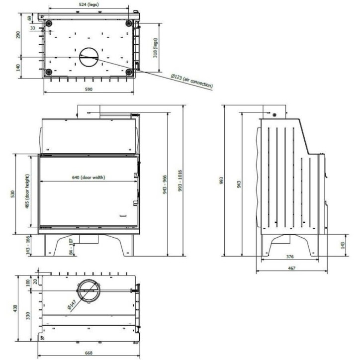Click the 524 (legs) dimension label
click(x=89, y=4)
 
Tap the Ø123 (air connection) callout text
click(x=191, y=81)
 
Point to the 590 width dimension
click(x=88, y=90)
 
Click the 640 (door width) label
click(x=89, y=177)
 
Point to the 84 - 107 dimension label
click(x=71, y=247)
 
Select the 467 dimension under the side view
click(x=292, y=268)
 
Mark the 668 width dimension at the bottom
click(x=88, y=353)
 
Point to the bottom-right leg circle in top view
click(x=129, y=73)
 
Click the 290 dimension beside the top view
click(x=18, y=36)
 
